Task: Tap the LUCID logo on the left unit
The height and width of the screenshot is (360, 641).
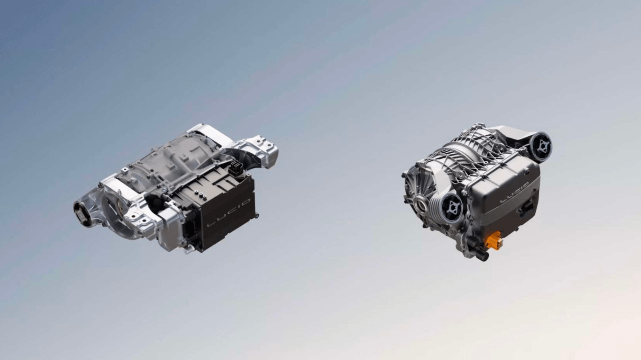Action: [x=229, y=212]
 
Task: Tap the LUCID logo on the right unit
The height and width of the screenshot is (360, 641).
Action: [x=514, y=193]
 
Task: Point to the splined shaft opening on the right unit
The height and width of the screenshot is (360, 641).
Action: [x=421, y=205]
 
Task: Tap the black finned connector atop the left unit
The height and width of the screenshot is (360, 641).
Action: [x=236, y=168]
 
